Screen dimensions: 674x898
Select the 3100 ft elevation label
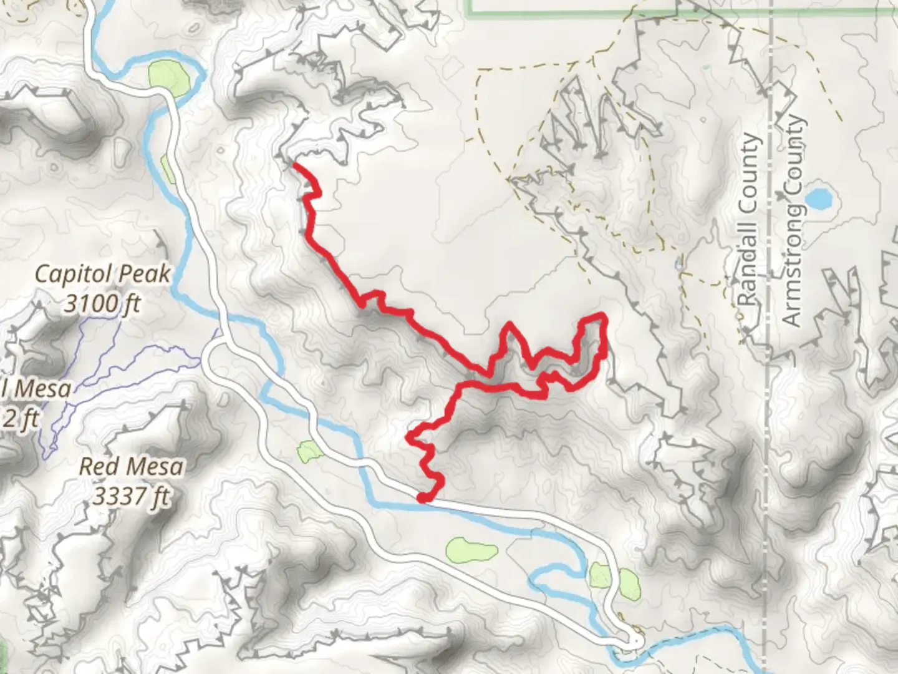point(103,303)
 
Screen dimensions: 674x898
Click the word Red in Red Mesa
point(99,467)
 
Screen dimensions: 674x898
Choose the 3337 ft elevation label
point(132,497)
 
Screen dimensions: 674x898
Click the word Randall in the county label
point(750,262)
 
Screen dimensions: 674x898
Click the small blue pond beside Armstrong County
point(818,198)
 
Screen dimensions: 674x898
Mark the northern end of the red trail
point(294,164)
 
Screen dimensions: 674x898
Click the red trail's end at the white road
point(421,498)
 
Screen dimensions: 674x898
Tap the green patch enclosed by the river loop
point(168,78)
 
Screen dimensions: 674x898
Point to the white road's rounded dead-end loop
point(637,641)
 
